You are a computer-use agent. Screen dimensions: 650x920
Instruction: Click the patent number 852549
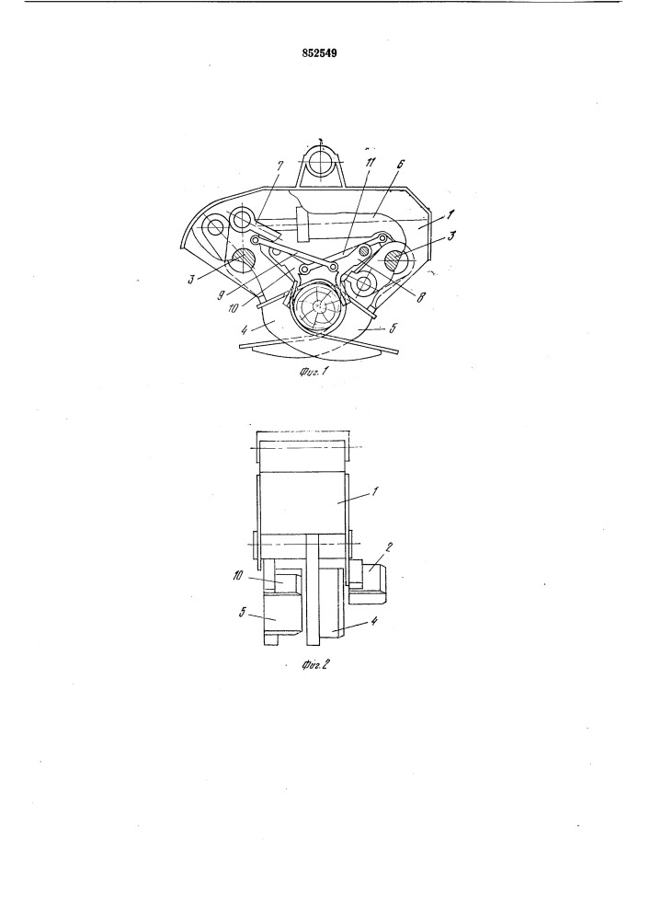(x=319, y=53)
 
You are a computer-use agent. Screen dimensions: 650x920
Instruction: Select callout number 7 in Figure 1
(x=280, y=166)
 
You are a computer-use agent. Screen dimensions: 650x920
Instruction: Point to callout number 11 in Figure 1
(x=371, y=163)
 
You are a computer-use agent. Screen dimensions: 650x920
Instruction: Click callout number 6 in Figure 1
(x=399, y=166)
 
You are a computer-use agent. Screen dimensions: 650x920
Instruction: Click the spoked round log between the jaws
(x=319, y=307)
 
